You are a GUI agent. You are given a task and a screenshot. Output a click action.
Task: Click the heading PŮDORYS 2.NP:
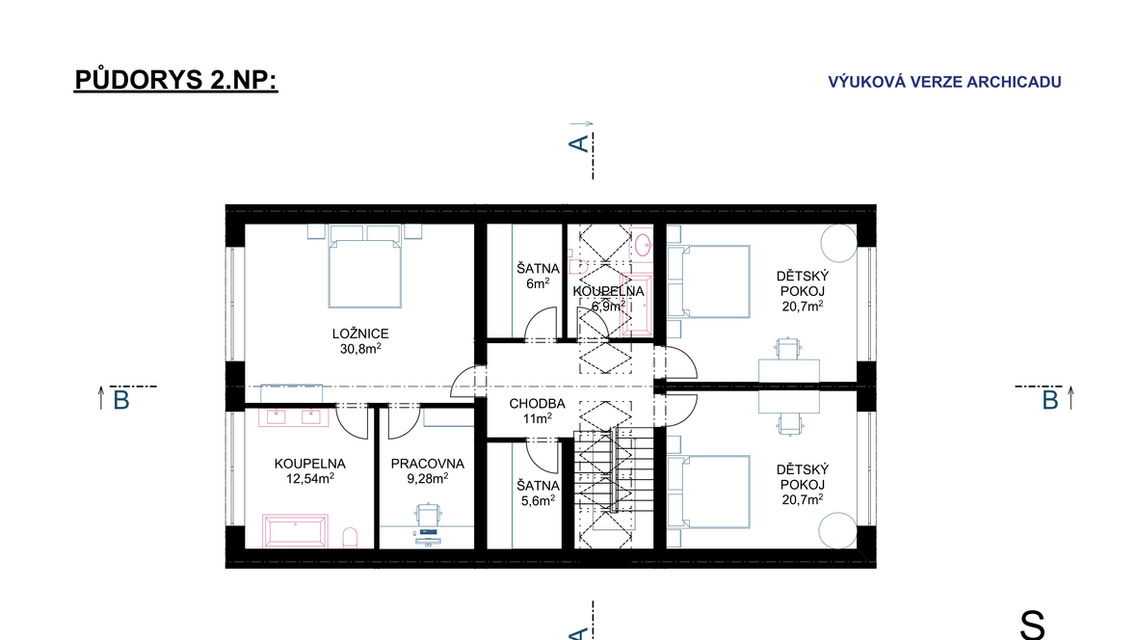176,80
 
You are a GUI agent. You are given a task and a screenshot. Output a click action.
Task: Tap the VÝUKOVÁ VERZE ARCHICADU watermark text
944,82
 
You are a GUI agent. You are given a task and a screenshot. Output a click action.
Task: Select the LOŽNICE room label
360,333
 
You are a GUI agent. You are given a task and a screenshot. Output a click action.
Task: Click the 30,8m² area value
360,348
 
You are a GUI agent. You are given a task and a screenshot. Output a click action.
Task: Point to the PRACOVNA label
427,464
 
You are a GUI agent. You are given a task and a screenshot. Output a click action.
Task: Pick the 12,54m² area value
309,478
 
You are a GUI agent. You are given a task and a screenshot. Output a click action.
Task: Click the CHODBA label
537,404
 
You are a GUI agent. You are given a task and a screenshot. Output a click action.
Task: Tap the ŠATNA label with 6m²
538,269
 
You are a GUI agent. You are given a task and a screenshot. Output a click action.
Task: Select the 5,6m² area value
538,500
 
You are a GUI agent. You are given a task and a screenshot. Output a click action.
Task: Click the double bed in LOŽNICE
365,266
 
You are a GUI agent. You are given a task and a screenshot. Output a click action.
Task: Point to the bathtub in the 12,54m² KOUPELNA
295,531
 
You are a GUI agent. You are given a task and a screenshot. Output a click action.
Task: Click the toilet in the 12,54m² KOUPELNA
350,538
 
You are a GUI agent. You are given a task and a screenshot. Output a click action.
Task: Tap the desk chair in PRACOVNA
429,513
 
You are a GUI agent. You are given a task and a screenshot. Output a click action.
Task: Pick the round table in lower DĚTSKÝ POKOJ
837,530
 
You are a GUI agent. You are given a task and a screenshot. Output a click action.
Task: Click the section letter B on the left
121,401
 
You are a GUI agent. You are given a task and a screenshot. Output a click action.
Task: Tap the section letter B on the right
1050,401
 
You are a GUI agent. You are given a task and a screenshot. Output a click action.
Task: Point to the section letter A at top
579,144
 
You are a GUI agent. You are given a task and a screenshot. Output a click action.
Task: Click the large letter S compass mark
1032,625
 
